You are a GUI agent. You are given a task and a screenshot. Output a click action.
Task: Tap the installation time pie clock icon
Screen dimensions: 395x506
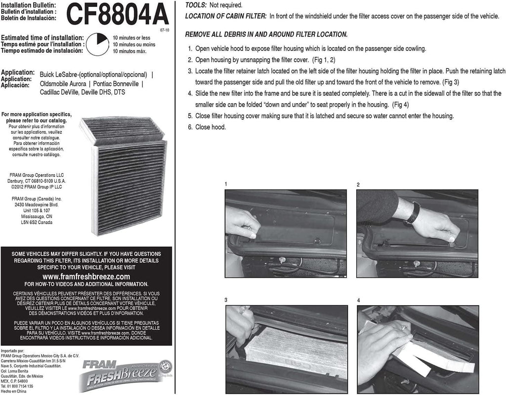pos(97,44)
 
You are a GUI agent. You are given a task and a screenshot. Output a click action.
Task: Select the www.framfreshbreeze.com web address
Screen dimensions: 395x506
pos(86,276)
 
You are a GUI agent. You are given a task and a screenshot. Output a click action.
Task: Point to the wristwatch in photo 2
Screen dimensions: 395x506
pos(415,212)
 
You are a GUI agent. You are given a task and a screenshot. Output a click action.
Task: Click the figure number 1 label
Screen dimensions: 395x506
pos(226,184)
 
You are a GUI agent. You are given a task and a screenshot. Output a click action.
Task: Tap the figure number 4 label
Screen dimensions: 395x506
pos(358,300)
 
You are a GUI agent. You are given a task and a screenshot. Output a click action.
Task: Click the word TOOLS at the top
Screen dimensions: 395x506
pos(195,5)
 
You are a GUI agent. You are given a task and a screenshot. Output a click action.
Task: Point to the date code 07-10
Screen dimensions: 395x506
pos(164,30)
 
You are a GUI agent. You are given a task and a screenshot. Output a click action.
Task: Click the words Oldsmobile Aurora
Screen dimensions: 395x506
pos(63,84)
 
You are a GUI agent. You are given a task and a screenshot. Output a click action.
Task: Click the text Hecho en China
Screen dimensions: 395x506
pos(14,390)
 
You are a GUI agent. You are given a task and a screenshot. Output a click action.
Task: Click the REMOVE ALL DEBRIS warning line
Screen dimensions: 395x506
pos(266,35)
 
